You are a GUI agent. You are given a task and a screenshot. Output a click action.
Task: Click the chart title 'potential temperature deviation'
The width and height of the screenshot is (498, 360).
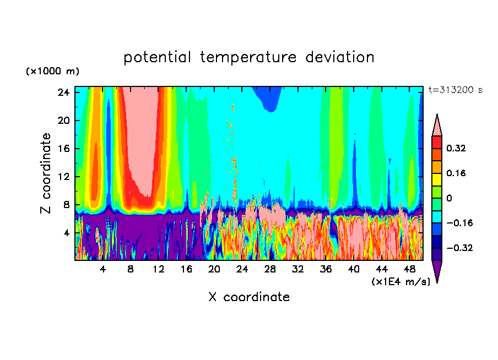coord(248,57)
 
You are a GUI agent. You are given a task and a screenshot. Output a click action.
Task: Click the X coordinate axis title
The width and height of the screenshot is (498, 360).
coord(249,297)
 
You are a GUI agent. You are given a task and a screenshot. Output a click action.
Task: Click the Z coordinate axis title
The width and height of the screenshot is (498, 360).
coord(46,173)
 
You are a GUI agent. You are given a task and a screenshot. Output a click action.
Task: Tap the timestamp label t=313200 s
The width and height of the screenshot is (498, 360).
coord(455,90)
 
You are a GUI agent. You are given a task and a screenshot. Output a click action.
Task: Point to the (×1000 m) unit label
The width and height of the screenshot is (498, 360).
coord(52,72)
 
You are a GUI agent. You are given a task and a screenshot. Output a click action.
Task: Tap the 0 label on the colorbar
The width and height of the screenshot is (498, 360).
coord(450,198)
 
